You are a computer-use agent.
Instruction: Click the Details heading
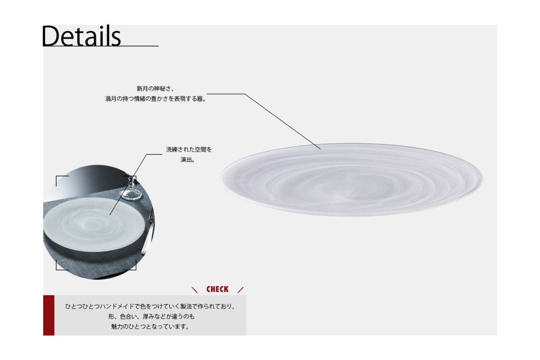pos(81,36)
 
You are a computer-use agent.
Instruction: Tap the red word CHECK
pos(217,289)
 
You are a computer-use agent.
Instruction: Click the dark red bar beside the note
pos(49,315)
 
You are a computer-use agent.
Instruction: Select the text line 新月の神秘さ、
pos(155,89)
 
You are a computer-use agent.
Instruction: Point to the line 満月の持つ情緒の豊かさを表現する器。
pos(156,99)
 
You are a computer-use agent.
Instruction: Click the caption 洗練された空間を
pos(189,149)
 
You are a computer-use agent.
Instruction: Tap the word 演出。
pos(188,160)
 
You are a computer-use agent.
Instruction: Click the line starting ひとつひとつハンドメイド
pos(150,306)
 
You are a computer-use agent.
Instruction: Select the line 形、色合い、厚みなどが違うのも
pos(151,316)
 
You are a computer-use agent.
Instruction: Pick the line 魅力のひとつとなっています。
pos(150,327)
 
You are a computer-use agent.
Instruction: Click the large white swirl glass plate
pos(351,180)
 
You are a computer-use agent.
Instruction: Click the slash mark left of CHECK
pos(194,290)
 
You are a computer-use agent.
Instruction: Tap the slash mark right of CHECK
pos(240,290)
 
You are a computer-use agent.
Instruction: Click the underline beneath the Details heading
pos(100,46)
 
